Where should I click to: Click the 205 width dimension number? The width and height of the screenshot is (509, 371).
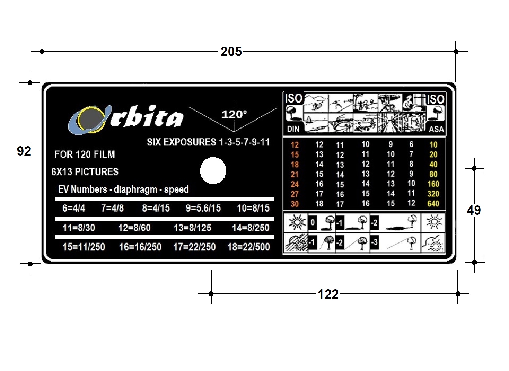point(231,51)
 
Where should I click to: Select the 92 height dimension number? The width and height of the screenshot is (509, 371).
point(24,151)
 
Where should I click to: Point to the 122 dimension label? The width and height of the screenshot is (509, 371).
point(328,294)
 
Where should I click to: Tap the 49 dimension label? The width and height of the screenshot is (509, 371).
point(474,210)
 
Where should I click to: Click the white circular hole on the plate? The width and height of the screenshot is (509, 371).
point(213,171)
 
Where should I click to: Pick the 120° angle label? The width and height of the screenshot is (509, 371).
point(234,114)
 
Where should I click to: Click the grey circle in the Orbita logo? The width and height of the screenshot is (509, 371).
point(89,119)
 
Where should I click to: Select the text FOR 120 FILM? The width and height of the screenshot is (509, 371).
point(85,154)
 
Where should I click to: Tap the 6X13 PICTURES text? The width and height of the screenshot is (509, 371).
point(85,172)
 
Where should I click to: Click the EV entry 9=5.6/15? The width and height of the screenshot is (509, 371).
point(203,208)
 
